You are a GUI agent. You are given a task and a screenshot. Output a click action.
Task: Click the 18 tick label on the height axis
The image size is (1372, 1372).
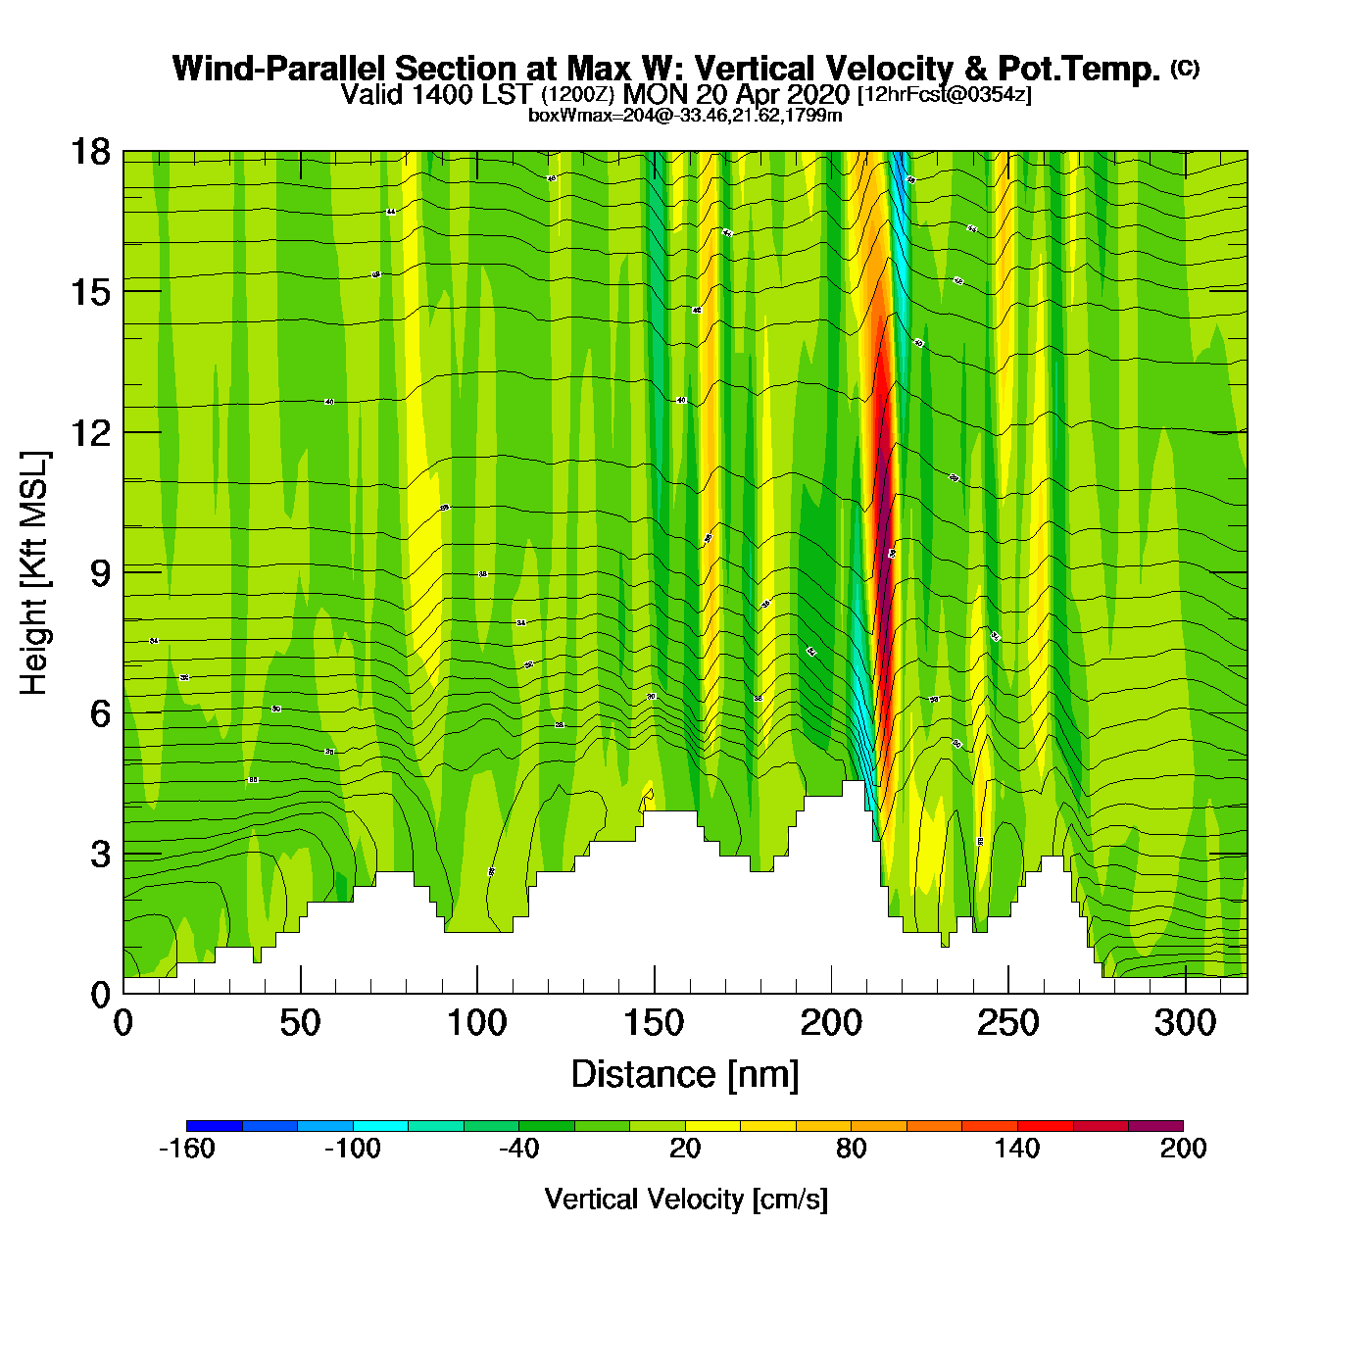click(90, 152)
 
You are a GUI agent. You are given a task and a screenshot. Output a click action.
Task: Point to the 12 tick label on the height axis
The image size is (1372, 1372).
click(90, 432)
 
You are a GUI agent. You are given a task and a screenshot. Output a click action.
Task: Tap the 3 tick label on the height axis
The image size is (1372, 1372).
click(100, 854)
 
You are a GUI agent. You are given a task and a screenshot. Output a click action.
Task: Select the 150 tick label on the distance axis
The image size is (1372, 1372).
click(654, 1024)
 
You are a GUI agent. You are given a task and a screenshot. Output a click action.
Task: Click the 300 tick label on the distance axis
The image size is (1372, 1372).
click(1185, 1024)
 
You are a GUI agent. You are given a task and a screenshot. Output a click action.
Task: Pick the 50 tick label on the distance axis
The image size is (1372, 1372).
click(300, 1024)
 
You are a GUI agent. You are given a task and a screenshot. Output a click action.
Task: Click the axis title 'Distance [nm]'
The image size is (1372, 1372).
click(685, 1075)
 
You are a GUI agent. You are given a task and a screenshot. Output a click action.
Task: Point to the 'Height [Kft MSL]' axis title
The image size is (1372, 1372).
click(34, 573)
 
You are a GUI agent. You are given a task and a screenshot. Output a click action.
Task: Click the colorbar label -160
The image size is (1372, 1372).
click(186, 1149)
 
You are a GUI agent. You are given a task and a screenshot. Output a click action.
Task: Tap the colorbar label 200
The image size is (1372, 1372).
click(1183, 1149)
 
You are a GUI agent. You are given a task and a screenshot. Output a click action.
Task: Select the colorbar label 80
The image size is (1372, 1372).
click(851, 1149)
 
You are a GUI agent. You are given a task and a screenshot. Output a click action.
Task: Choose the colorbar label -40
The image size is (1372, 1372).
click(518, 1149)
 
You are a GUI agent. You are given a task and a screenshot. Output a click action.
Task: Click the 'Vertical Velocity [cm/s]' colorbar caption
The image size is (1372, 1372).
click(686, 1200)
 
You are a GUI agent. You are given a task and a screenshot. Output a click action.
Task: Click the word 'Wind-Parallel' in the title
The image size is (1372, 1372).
click(280, 69)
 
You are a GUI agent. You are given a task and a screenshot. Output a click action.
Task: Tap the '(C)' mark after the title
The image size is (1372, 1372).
click(1185, 68)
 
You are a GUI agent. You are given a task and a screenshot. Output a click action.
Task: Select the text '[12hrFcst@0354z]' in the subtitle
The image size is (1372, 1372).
click(944, 95)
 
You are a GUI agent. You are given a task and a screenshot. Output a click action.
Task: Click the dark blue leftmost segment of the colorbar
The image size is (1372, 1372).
click(214, 1126)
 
